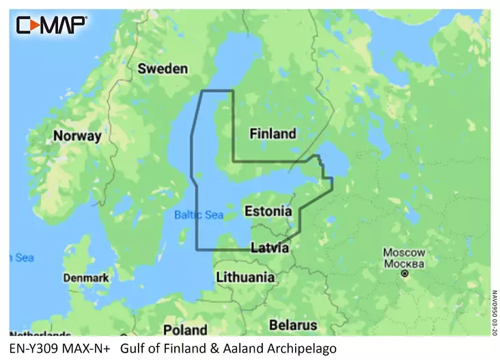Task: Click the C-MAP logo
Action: click(x=51, y=25)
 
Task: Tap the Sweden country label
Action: click(x=163, y=68)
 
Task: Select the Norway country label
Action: click(x=77, y=136)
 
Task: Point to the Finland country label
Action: click(x=273, y=133)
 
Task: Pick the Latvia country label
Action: click(x=269, y=248)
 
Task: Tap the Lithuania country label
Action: click(x=245, y=277)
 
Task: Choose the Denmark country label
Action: click(x=86, y=278)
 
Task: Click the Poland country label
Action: click(x=184, y=330)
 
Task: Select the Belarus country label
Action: click(x=293, y=324)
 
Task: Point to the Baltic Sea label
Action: click(x=199, y=214)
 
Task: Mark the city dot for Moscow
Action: click(x=404, y=274)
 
